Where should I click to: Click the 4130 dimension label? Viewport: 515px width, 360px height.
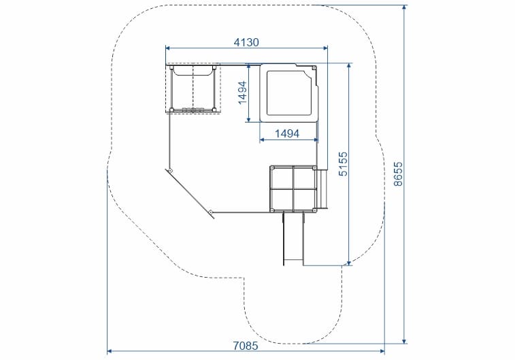(x=246, y=42)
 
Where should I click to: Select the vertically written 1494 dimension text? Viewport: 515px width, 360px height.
(x=242, y=93)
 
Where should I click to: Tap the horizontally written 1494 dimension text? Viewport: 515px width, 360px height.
(x=286, y=133)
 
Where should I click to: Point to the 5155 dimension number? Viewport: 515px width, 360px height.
(x=343, y=163)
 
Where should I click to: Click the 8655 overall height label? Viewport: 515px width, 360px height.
(x=398, y=174)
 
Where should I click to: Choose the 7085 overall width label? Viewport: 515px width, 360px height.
(x=246, y=346)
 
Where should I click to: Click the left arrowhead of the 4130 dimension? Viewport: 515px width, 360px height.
(x=167, y=48)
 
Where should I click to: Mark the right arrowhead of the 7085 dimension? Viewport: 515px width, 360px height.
(x=382, y=351)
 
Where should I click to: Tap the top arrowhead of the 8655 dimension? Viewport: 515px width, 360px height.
(x=405, y=7)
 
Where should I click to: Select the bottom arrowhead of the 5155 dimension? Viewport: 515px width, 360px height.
(x=349, y=263)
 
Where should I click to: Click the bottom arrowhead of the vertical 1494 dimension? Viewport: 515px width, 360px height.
(x=248, y=120)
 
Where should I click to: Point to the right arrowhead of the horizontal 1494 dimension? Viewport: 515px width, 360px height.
(x=316, y=140)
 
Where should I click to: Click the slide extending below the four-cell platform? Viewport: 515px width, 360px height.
(x=293, y=239)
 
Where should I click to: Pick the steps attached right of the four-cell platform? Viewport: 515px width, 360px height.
(x=322, y=189)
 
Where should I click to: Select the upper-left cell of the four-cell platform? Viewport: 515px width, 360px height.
(x=282, y=178)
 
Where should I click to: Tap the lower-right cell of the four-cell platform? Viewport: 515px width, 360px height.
(x=305, y=199)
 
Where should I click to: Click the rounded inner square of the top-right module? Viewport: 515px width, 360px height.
(x=288, y=93)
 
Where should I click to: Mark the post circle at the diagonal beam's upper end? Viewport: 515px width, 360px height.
(x=171, y=170)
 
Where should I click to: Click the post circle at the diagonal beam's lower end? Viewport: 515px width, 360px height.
(x=210, y=211)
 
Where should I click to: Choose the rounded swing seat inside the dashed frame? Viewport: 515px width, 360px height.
(x=193, y=71)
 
